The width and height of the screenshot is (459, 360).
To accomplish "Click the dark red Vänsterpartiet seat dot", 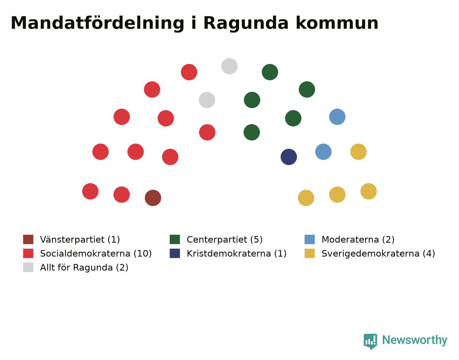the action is [153, 198].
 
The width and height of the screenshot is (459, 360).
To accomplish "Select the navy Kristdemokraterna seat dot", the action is [289, 157].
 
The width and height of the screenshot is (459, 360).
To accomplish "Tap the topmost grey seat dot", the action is [229, 66].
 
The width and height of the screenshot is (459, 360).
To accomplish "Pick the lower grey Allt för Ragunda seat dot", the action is [207, 100].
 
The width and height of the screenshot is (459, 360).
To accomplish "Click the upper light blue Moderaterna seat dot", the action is [337, 117].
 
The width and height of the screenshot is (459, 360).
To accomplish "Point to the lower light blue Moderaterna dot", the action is [323, 152].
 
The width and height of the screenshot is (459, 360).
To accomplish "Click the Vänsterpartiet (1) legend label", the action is [80, 240].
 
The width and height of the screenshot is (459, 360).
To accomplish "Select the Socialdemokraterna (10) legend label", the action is [96, 254].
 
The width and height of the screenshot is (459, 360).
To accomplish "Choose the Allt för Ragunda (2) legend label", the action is [84, 267].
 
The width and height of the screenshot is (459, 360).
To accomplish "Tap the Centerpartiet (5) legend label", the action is [225, 240].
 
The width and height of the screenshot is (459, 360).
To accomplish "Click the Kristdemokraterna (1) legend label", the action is [237, 254].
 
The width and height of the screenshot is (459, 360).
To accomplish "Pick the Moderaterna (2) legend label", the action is [358, 240].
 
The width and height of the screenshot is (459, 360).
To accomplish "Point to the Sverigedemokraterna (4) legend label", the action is [378, 254].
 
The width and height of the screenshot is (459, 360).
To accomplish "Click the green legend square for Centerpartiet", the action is [175, 239].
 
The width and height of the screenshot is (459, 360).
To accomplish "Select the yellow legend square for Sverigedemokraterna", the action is [310, 253].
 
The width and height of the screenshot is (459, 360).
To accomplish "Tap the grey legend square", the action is [28, 267].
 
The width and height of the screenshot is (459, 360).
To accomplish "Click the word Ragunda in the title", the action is [246, 24].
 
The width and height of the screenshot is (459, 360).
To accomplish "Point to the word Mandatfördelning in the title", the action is [97, 24].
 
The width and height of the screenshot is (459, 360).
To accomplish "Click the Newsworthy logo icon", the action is [370, 342].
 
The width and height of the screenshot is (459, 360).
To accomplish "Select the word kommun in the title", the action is [337, 23].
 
